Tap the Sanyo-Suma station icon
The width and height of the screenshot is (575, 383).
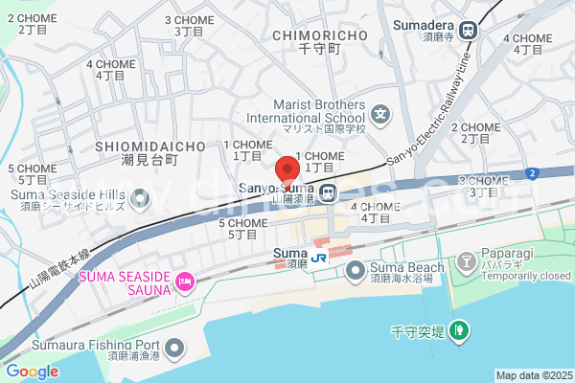329,193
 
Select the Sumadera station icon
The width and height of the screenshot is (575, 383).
470,31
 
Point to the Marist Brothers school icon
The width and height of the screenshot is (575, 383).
381,116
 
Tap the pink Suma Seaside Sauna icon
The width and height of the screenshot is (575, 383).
185,282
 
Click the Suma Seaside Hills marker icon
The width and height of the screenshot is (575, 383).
142,198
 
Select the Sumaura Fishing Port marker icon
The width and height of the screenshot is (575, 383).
173,351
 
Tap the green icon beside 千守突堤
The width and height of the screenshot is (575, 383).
460,331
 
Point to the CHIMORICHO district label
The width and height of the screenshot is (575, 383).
319,35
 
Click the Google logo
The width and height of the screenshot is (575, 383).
32,372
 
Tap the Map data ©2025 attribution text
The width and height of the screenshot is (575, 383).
532,375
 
